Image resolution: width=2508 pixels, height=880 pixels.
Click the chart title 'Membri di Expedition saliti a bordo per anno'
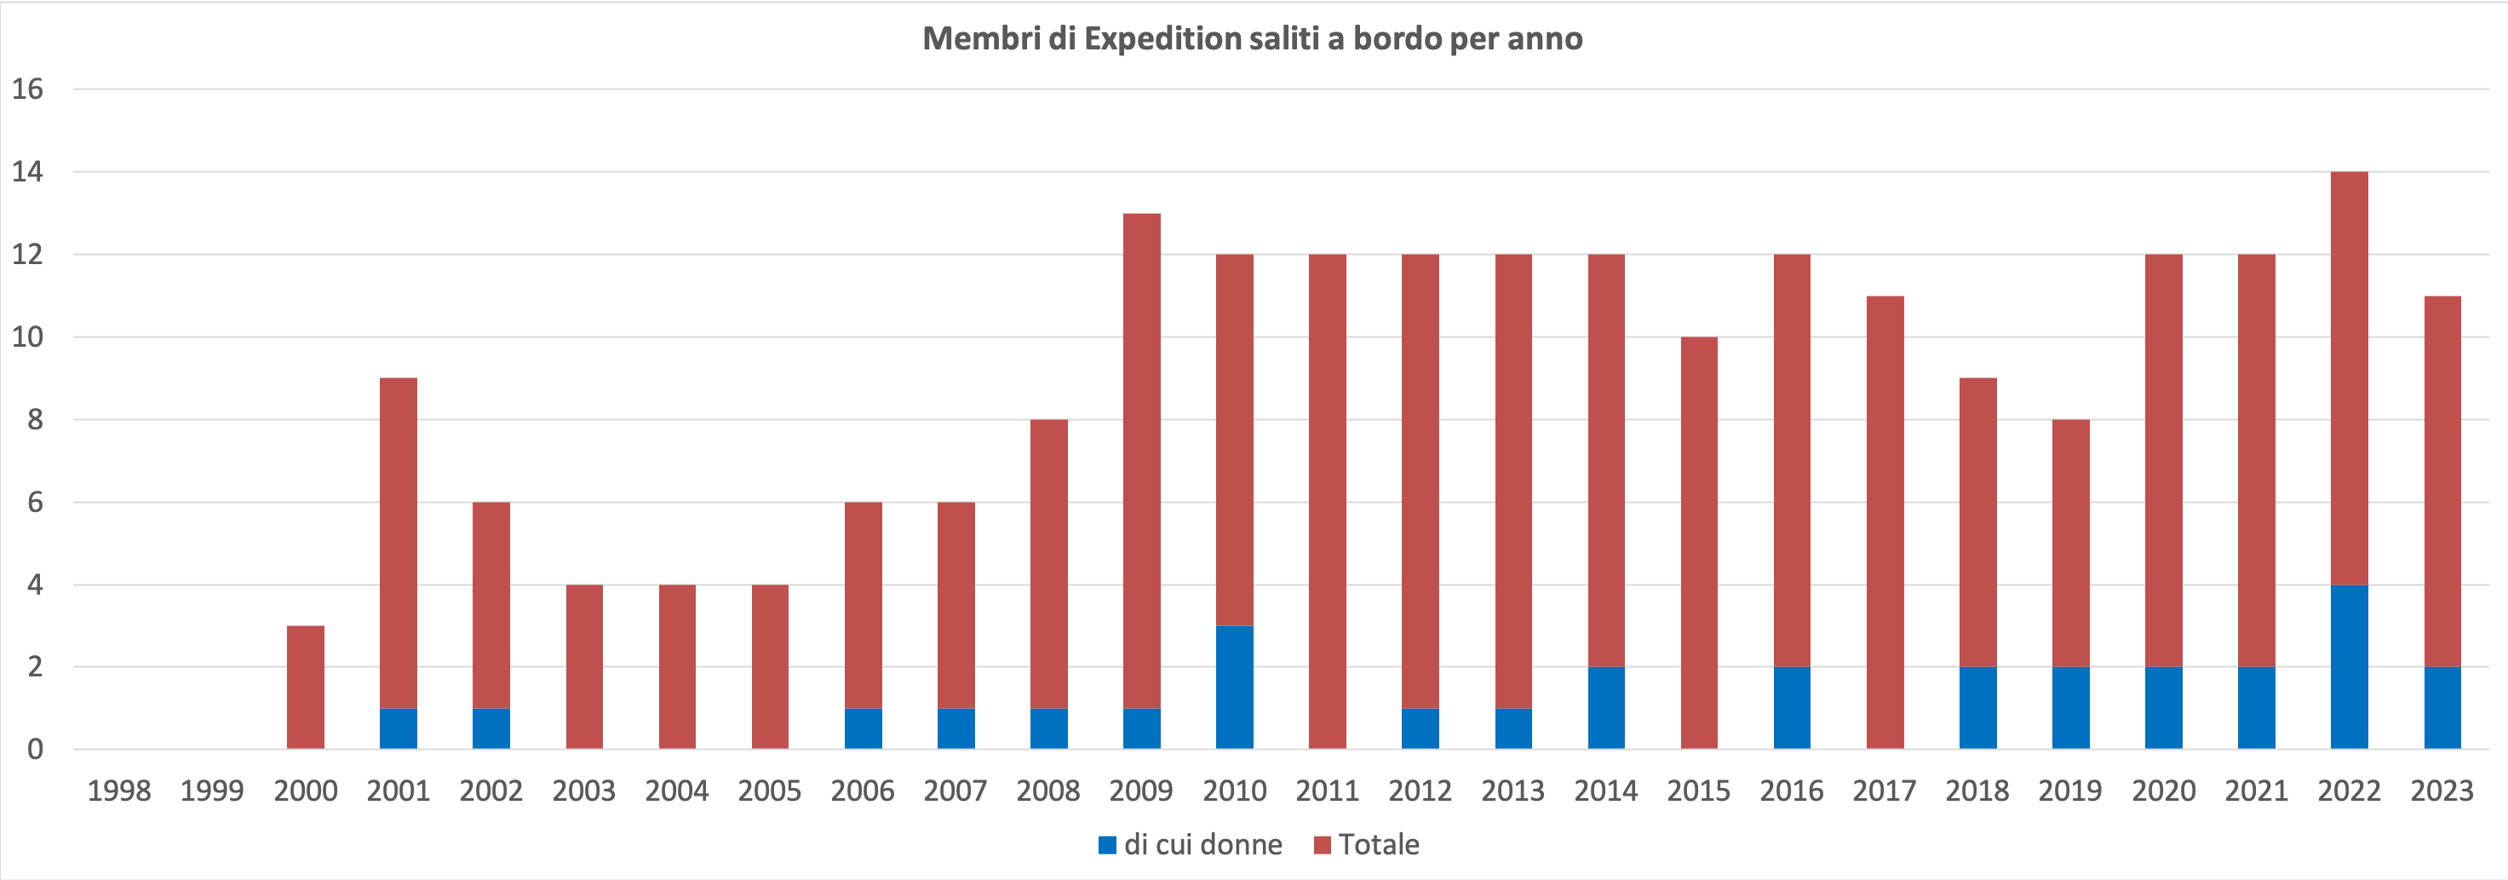1252,39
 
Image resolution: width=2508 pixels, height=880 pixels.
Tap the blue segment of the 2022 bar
2349,667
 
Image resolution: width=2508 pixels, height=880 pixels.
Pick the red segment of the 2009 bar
1141,460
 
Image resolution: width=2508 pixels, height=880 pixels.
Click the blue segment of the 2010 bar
1235,687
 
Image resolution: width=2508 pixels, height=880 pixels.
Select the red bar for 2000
306,687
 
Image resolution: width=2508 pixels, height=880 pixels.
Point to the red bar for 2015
1699,544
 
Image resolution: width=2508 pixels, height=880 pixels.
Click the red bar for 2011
1327,501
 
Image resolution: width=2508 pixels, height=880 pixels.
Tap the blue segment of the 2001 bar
399,728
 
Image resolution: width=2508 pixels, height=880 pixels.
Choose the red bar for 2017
1885,523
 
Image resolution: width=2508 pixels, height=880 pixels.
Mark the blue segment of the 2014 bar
1605,708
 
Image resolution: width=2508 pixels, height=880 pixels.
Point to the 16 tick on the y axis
28,89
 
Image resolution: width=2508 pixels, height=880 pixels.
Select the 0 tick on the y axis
35,750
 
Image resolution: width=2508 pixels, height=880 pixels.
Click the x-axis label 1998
118,791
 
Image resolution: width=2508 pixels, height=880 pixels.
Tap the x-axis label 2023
2441,791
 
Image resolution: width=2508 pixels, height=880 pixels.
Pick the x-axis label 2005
769,791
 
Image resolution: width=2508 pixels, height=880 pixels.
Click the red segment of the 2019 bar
2070,544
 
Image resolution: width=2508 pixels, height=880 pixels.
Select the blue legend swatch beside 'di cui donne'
1107,845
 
